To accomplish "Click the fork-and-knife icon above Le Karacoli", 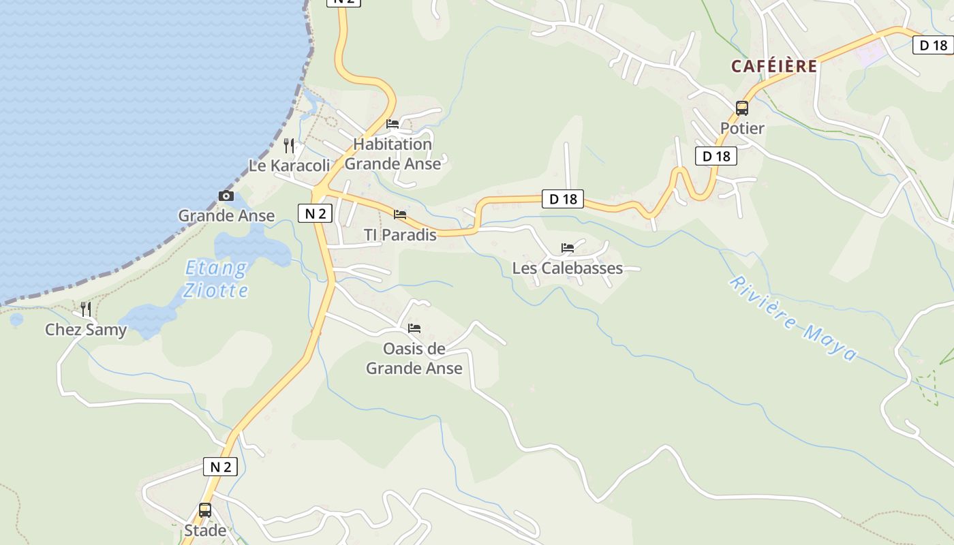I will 289,145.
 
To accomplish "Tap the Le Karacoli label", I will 289,166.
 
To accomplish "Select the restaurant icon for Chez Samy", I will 86,309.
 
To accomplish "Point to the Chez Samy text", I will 86,330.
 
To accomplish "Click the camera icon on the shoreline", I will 226,196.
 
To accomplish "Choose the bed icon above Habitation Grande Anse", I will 393,124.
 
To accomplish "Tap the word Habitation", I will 393,144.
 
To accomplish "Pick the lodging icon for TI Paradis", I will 400,215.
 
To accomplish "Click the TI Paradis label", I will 400,235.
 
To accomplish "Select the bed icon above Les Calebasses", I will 568,248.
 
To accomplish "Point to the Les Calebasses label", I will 568,268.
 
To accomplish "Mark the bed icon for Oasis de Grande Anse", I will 414,328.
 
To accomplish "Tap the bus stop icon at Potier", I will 742,108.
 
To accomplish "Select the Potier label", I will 742,128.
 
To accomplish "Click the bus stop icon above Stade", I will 205,510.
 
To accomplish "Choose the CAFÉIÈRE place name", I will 774,66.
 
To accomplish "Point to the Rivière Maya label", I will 792,319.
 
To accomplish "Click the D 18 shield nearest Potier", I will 716,156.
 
